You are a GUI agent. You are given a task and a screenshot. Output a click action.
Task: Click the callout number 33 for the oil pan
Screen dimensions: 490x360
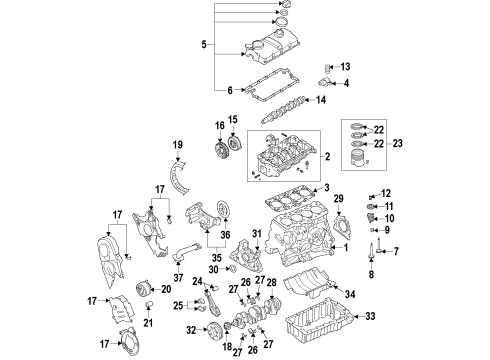(370, 316)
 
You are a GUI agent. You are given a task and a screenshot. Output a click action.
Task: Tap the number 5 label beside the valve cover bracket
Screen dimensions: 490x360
(204, 44)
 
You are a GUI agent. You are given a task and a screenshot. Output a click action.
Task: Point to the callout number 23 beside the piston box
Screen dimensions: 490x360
(397, 143)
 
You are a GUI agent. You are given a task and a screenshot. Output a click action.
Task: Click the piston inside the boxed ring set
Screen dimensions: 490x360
(358, 159)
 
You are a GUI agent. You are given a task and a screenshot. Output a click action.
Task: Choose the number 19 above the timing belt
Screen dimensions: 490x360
(178, 145)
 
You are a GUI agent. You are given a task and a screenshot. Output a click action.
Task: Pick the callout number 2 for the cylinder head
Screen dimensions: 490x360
(327, 156)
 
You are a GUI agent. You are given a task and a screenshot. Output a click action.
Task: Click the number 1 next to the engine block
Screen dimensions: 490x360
(346, 247)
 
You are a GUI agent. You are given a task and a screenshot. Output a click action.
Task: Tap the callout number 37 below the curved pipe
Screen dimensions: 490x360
(178, 277)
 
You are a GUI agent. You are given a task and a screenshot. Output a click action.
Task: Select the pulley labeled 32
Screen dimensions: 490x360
(214, 330)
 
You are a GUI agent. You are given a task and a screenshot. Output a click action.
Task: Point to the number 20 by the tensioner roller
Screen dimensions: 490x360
(166, 289)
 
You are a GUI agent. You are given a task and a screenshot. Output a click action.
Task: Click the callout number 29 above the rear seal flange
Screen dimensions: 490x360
(338, 199)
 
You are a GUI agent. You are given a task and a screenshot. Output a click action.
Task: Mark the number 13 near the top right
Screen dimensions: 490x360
(345, 67)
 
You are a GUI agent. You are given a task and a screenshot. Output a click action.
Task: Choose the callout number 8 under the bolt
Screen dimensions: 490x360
(371, 274)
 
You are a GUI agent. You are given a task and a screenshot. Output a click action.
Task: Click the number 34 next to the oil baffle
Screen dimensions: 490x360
(350, 294)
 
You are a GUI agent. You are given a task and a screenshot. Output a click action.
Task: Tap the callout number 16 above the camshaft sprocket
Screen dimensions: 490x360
(220, 126)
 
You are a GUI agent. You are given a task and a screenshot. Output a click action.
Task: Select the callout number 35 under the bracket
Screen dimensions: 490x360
(216, 258)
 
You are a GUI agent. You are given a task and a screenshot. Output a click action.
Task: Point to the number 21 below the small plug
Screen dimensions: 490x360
(148, 322)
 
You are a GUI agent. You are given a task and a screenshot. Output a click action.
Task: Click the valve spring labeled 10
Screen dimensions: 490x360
(370, 219)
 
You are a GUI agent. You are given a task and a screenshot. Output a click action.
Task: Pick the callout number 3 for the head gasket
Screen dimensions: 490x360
(326, 187)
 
